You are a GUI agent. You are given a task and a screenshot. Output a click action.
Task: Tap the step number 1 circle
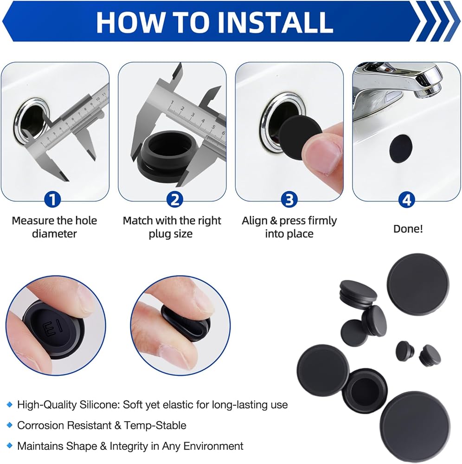pos(53,199)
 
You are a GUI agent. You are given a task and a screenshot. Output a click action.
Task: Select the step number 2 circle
pos(175,199)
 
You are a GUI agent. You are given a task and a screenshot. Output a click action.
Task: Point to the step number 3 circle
pos(289,199)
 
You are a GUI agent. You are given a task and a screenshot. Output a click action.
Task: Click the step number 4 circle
pos(407,200)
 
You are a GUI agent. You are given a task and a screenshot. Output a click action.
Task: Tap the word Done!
pos(408,229)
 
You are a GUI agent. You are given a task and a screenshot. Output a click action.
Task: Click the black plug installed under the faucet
pos(401,148)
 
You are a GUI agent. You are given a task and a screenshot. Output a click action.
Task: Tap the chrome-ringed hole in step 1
pos(31,120)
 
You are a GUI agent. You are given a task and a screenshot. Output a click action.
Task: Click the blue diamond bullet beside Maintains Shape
pos(10,445)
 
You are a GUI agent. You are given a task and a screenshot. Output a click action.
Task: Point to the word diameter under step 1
pos(54,234)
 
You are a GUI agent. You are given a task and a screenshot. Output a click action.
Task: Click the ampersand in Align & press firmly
pos(274,221)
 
